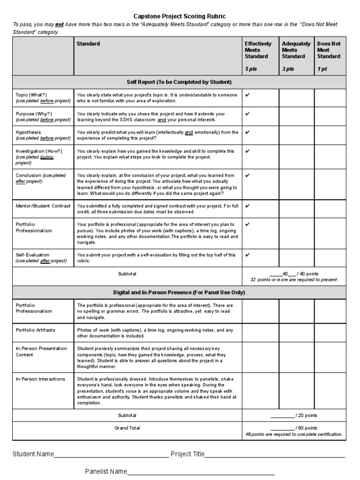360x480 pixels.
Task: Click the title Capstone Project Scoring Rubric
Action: coord(180,16)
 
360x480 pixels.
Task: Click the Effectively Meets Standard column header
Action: coord(258,50)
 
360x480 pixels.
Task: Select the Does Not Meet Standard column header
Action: coord(329,50)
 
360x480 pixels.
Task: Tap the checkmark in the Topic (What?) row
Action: coord(247,95)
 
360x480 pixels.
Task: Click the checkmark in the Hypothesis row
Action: coord(247,132)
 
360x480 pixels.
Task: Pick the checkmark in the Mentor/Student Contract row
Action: coord(247,206)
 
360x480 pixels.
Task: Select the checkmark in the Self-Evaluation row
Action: coord(247,255)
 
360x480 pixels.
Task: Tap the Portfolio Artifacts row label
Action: coord(35,330)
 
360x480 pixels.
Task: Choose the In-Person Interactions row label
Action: coord(40,379)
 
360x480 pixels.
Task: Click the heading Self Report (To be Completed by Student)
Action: coord(179,82)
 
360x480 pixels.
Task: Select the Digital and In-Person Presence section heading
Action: coord(179,292)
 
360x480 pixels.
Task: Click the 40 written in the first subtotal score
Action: coord(285,274)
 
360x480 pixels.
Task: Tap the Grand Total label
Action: coord(127,428)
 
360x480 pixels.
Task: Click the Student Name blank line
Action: coord(111,455)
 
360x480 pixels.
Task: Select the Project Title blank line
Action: coord(275,455)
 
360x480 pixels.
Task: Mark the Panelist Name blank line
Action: coord(201,472)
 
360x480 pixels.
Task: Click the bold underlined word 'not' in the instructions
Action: coord(60,24)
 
